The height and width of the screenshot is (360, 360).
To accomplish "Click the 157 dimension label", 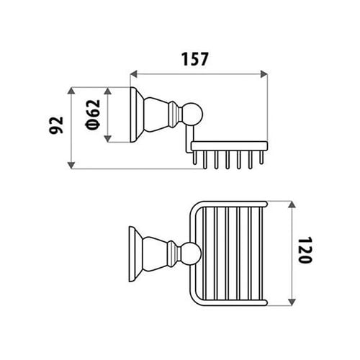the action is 194,59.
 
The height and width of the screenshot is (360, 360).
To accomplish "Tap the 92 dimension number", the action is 56,125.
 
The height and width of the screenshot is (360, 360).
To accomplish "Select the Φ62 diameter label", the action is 93,114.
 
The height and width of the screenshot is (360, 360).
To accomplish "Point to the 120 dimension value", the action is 305,250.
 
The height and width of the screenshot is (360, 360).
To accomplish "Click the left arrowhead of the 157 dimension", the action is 134,74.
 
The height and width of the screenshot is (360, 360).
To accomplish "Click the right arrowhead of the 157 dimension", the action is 264,74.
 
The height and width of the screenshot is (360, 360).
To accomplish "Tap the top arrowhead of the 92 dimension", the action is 71,91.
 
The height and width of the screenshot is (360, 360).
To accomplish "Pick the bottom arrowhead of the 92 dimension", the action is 71,165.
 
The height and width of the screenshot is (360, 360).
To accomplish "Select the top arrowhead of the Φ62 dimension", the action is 107,91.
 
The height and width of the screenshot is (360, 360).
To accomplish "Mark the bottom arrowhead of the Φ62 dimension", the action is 107,138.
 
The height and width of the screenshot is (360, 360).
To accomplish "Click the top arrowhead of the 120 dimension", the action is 292,205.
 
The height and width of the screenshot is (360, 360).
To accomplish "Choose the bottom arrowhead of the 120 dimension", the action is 292,302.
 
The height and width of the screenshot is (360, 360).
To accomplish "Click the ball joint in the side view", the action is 192,114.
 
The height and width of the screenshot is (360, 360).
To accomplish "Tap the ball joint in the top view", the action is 192,254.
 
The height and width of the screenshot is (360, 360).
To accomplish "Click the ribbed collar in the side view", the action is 175,114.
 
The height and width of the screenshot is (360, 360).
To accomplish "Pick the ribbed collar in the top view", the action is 174,254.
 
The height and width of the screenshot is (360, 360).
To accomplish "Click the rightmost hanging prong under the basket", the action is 261,158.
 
